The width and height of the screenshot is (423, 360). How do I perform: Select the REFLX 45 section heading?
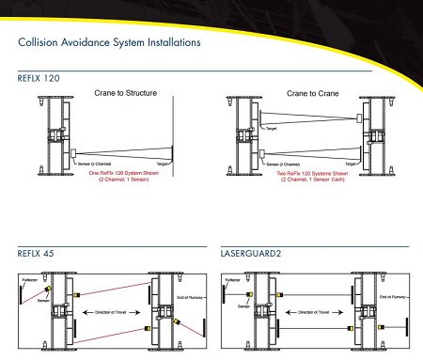[x=35, y=253]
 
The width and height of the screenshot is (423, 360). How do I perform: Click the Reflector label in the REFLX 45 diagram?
[x=29, y=279]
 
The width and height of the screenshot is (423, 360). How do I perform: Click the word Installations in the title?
[x=164, y=42]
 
